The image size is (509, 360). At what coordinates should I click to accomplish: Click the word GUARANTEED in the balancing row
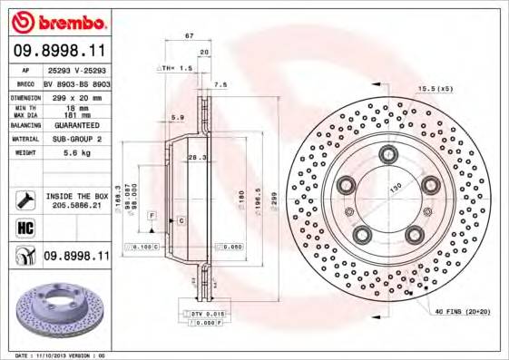[75, 125]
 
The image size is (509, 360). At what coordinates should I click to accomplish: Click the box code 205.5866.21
[75, 205]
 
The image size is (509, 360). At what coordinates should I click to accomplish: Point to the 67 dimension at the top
[189, 35]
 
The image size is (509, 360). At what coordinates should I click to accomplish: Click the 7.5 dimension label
[220, 84]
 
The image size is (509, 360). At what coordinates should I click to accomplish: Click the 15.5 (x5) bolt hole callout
[435, 89]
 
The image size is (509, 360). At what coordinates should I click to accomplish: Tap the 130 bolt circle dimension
[395, 188]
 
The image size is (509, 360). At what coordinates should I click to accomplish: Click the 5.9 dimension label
[178, 117]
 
